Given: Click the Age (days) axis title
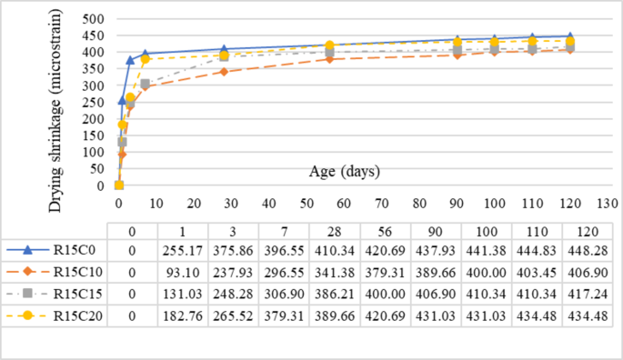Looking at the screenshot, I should click(x=343, y=170).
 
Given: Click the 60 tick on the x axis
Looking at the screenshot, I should click(x=345, y=201).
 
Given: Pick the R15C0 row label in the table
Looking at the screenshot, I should click(x=76, y=248).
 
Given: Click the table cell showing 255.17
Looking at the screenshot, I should click(x=182, y=248).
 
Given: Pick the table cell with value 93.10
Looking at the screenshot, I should click(x=182, y=271).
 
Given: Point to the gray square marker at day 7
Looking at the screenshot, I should click(x=145, y=84).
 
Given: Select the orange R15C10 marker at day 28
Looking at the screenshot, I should click(x=224, y=72).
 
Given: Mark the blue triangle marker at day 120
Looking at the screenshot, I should click(x=569, y=36).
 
